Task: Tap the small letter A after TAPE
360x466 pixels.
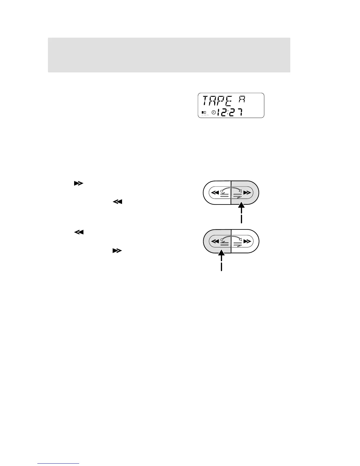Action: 241,100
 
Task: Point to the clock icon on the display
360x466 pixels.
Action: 214,112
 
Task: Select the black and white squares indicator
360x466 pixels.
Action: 204,112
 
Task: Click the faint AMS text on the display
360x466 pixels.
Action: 205,115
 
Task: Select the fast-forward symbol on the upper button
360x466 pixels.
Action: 247,193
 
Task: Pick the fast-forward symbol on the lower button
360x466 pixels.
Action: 247,241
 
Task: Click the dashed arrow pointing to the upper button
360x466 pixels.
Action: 241,214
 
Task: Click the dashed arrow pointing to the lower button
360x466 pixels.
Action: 221,262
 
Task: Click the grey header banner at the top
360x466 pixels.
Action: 169,55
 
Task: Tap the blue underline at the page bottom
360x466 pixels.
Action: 59,464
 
